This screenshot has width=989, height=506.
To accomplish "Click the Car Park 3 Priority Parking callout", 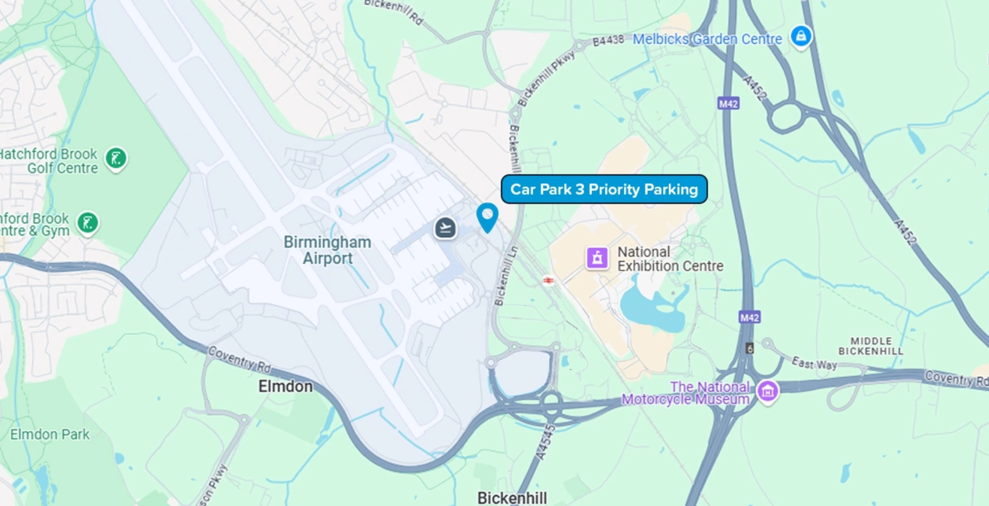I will (604, 189).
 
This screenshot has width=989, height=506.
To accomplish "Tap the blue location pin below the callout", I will (487, 216).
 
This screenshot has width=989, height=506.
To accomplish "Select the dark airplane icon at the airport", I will (446, 228).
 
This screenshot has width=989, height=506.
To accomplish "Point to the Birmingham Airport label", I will (328, 250).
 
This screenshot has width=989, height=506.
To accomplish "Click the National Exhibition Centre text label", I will (670, 259).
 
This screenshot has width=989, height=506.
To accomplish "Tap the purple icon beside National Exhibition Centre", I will (597, 258).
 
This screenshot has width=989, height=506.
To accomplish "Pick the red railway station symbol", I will (549, 281).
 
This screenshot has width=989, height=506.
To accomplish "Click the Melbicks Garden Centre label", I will (707, 39).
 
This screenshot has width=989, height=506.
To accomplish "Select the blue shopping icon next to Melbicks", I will (801, 37).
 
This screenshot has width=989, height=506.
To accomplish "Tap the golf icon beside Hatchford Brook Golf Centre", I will (116, 159).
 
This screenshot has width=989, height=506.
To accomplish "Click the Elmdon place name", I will (285, 386).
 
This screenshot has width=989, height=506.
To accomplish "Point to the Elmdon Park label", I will (50, 434).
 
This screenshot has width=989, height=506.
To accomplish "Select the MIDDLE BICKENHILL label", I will (871, 346).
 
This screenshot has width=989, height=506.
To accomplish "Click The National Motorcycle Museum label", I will (686, 393).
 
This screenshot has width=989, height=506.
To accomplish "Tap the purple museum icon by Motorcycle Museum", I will (768, 391).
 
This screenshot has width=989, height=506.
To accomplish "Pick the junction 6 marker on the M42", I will (750, 348).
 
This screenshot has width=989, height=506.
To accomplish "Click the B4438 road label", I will (608, 40).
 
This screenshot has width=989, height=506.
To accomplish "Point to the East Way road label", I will (814, 363).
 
